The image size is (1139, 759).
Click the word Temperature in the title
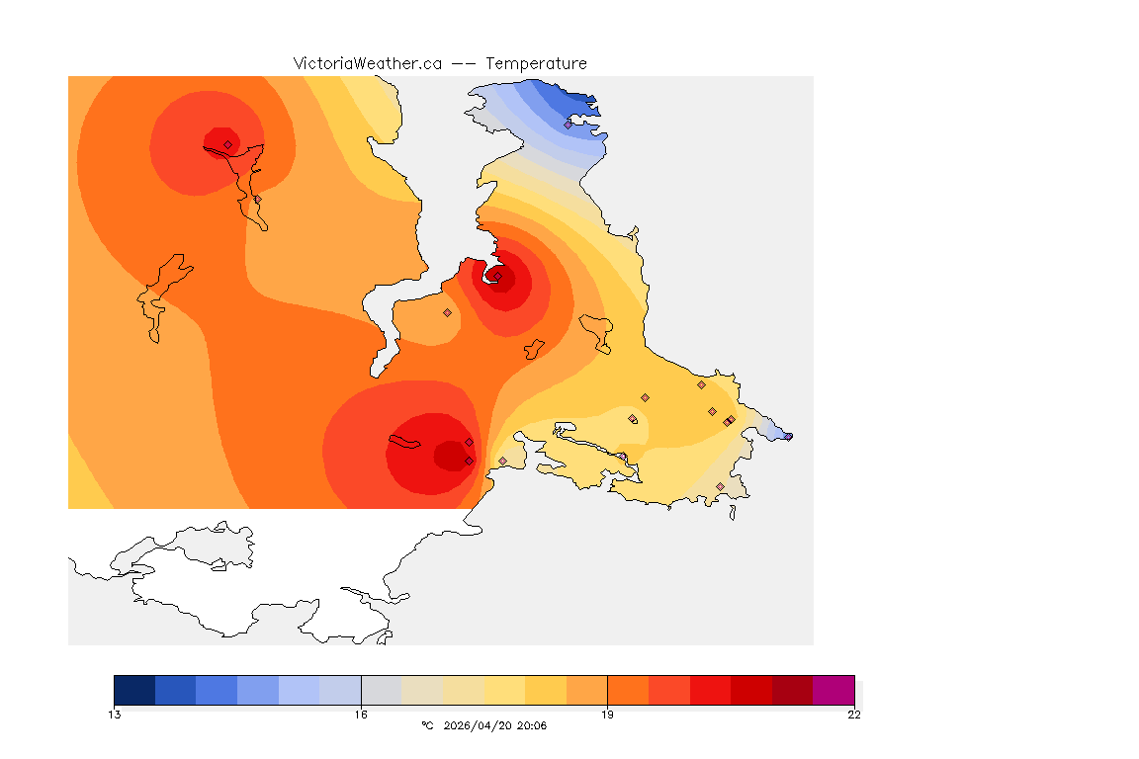536,63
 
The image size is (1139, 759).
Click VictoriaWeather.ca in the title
367,63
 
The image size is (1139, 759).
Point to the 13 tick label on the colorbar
115,715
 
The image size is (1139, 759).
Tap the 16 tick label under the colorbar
361,715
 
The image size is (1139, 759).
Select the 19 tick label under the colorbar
607,715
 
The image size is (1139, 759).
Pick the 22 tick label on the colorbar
853,715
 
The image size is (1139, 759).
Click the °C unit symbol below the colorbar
427,726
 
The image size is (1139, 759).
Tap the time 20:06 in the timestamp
532,726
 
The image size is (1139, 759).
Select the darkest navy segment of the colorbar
134,690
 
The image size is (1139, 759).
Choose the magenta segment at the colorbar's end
832,690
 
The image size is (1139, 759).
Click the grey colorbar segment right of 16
382,690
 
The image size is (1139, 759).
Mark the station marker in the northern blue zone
568,125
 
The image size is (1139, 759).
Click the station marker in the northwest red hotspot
227,144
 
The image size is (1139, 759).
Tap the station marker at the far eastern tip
788,436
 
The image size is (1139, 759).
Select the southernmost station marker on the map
720,486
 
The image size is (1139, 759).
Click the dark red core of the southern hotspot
450,456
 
